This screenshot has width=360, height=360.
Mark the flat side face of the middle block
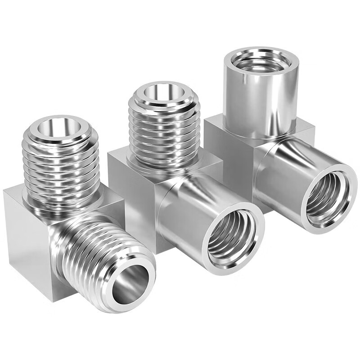point(130,198)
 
